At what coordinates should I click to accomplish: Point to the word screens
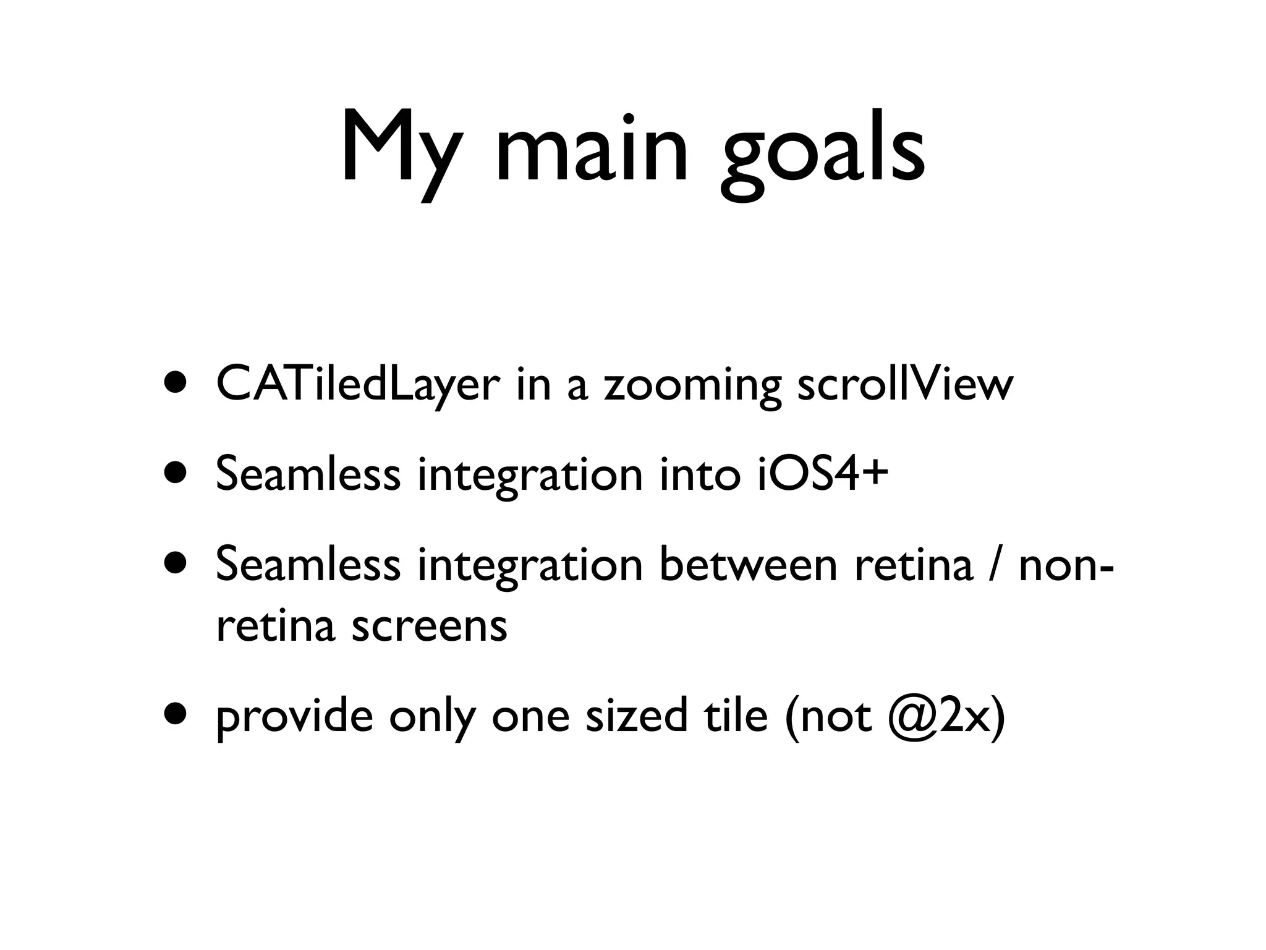[429, 626]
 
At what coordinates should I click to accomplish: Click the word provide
[294, 717]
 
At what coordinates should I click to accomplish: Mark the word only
[433, 717]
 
